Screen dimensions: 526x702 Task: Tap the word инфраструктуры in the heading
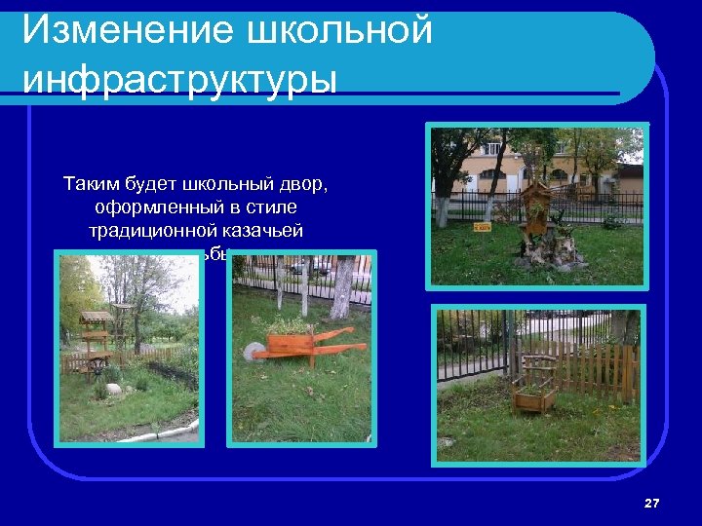pos(179,78)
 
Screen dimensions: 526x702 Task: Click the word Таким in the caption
pos(94,183)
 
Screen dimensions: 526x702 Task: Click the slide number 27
pos(652,503)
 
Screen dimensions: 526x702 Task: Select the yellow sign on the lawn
pos(481,227)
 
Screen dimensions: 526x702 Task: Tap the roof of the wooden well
pos(96,317)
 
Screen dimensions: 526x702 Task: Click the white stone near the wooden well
pos(113,389)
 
